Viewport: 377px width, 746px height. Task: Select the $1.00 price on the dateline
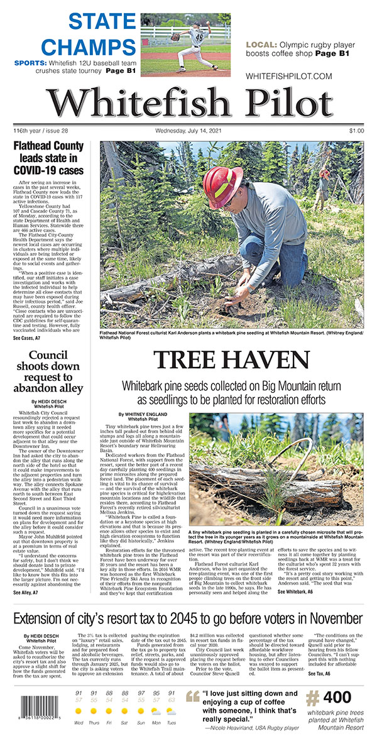click(356, 131)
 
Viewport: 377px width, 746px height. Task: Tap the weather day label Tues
click(171, 722)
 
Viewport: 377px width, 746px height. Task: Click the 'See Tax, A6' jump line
click(319, 673)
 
